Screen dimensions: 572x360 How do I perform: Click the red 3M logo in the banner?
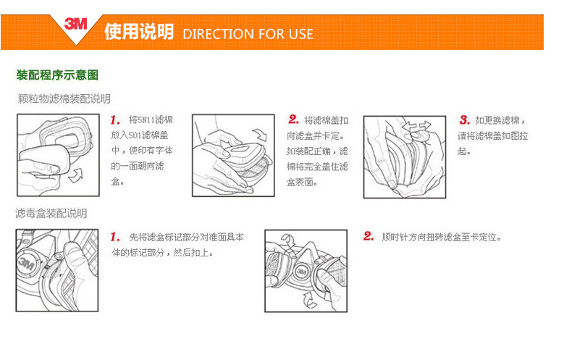[75, 24]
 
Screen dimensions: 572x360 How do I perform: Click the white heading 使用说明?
[139, 31]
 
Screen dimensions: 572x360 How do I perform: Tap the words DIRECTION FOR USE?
[248, 34]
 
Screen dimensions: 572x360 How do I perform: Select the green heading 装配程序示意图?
[57, 75]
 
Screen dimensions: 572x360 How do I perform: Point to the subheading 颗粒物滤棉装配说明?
[64, 99]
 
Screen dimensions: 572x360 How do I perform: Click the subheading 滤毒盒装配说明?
[51, 213]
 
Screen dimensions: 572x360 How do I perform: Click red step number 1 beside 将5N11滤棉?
[115, 120]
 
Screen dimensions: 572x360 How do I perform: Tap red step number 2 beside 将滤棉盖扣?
[293, 120]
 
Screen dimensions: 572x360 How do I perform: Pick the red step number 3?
[464, 120]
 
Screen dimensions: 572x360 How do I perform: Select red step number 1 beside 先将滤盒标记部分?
[115, 237]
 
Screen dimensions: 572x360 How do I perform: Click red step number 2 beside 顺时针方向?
[369, 236]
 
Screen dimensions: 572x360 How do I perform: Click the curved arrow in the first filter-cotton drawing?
[76, 175]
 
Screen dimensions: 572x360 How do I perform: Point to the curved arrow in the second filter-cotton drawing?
[261, 135]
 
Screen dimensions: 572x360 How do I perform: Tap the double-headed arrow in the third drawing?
[416, 126]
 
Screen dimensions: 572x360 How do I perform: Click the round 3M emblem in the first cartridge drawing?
[27, 262]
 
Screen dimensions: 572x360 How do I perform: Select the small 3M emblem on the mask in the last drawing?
[301, 272]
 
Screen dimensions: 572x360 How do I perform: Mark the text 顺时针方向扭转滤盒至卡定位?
[441, 238]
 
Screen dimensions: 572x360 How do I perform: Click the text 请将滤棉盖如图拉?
[493, 136]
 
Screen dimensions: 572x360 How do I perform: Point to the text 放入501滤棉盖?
[140, 135]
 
